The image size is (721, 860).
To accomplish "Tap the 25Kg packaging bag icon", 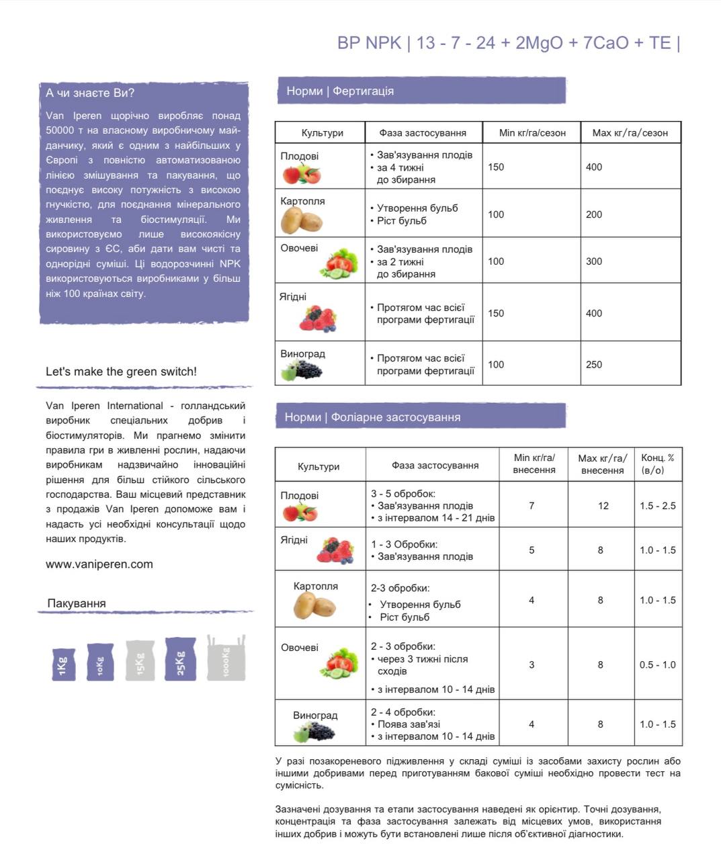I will [180, 659].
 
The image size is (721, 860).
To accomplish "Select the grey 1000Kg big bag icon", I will [226, 658].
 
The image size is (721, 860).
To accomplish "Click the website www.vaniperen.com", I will [99, 564].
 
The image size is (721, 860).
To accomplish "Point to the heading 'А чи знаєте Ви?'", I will [90, 93].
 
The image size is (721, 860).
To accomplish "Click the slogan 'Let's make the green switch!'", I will [121, 372].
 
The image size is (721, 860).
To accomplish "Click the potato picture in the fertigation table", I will [301, 220].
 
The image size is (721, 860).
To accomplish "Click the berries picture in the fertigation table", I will [317, 318].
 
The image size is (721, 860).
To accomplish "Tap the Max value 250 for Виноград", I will [594, 364].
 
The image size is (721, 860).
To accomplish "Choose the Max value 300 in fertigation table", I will [594, 261].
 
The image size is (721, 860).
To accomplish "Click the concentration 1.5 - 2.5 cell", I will [658, 505].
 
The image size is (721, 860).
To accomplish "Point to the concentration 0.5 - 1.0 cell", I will [658, 664].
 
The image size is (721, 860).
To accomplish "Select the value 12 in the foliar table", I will [603, 505].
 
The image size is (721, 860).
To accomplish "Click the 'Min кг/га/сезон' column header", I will [532, 132].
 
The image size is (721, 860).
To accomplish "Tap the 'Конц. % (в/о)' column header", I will [658, 464].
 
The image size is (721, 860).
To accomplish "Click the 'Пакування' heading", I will [77, 603].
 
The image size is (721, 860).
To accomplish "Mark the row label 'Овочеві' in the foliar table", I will [300, 648].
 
